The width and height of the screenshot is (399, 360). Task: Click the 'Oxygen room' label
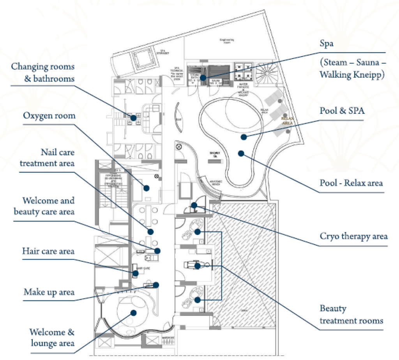point(49,116)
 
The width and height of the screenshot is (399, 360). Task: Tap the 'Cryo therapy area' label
point(353,236)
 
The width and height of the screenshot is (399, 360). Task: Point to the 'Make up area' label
point(49,292)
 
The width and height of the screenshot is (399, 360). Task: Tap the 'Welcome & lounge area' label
point(51,338)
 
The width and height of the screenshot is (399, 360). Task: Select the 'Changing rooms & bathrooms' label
point(42,72)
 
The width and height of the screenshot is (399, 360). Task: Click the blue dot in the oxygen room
point(147,188)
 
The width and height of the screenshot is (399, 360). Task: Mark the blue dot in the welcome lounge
point(134,312)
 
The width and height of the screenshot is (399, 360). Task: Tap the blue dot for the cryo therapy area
point(193,205)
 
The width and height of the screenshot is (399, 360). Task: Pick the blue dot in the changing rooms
point(133,117)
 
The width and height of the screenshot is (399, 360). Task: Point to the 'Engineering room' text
point(227,41)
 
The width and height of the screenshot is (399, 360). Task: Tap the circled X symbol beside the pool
point(179,147)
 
